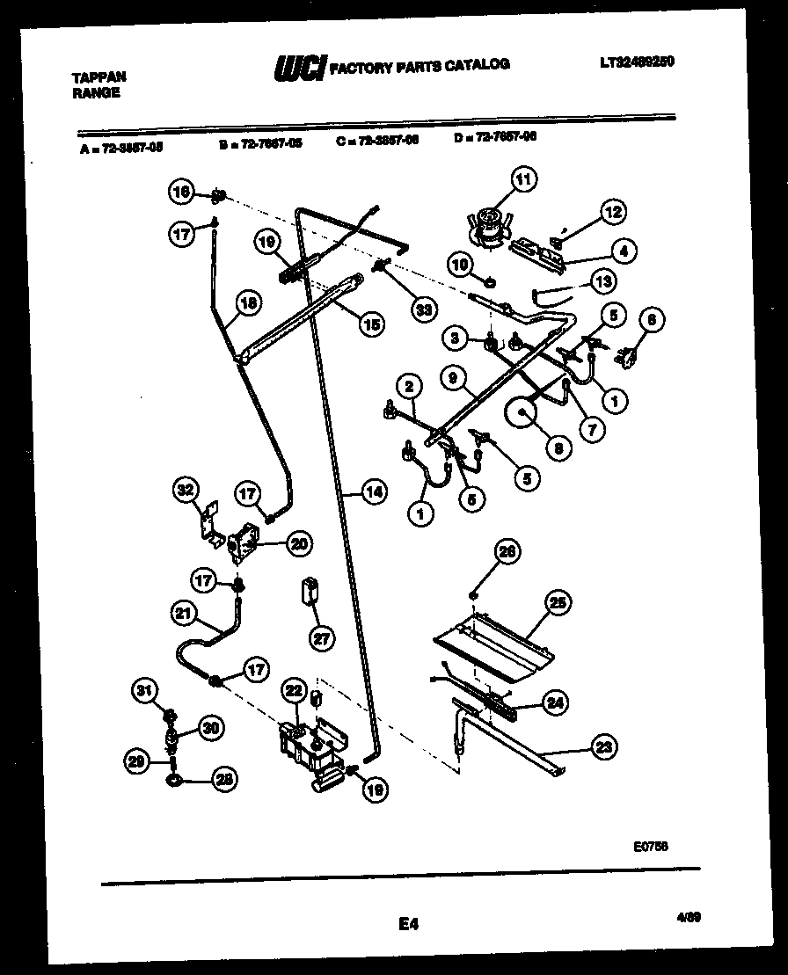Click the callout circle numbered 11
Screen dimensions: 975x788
[523, 182]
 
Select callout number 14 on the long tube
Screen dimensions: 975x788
[374, 492]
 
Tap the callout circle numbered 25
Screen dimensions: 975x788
[557, 603]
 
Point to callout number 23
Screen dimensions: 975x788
[603, 747]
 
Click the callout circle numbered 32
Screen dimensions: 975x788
[186, 489]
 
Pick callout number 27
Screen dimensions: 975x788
[322, 638]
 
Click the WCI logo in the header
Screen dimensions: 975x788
[300, 68]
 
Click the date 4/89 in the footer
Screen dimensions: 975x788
[689, 916]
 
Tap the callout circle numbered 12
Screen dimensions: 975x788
[612, 212]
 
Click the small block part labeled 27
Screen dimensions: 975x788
[309, 590]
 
